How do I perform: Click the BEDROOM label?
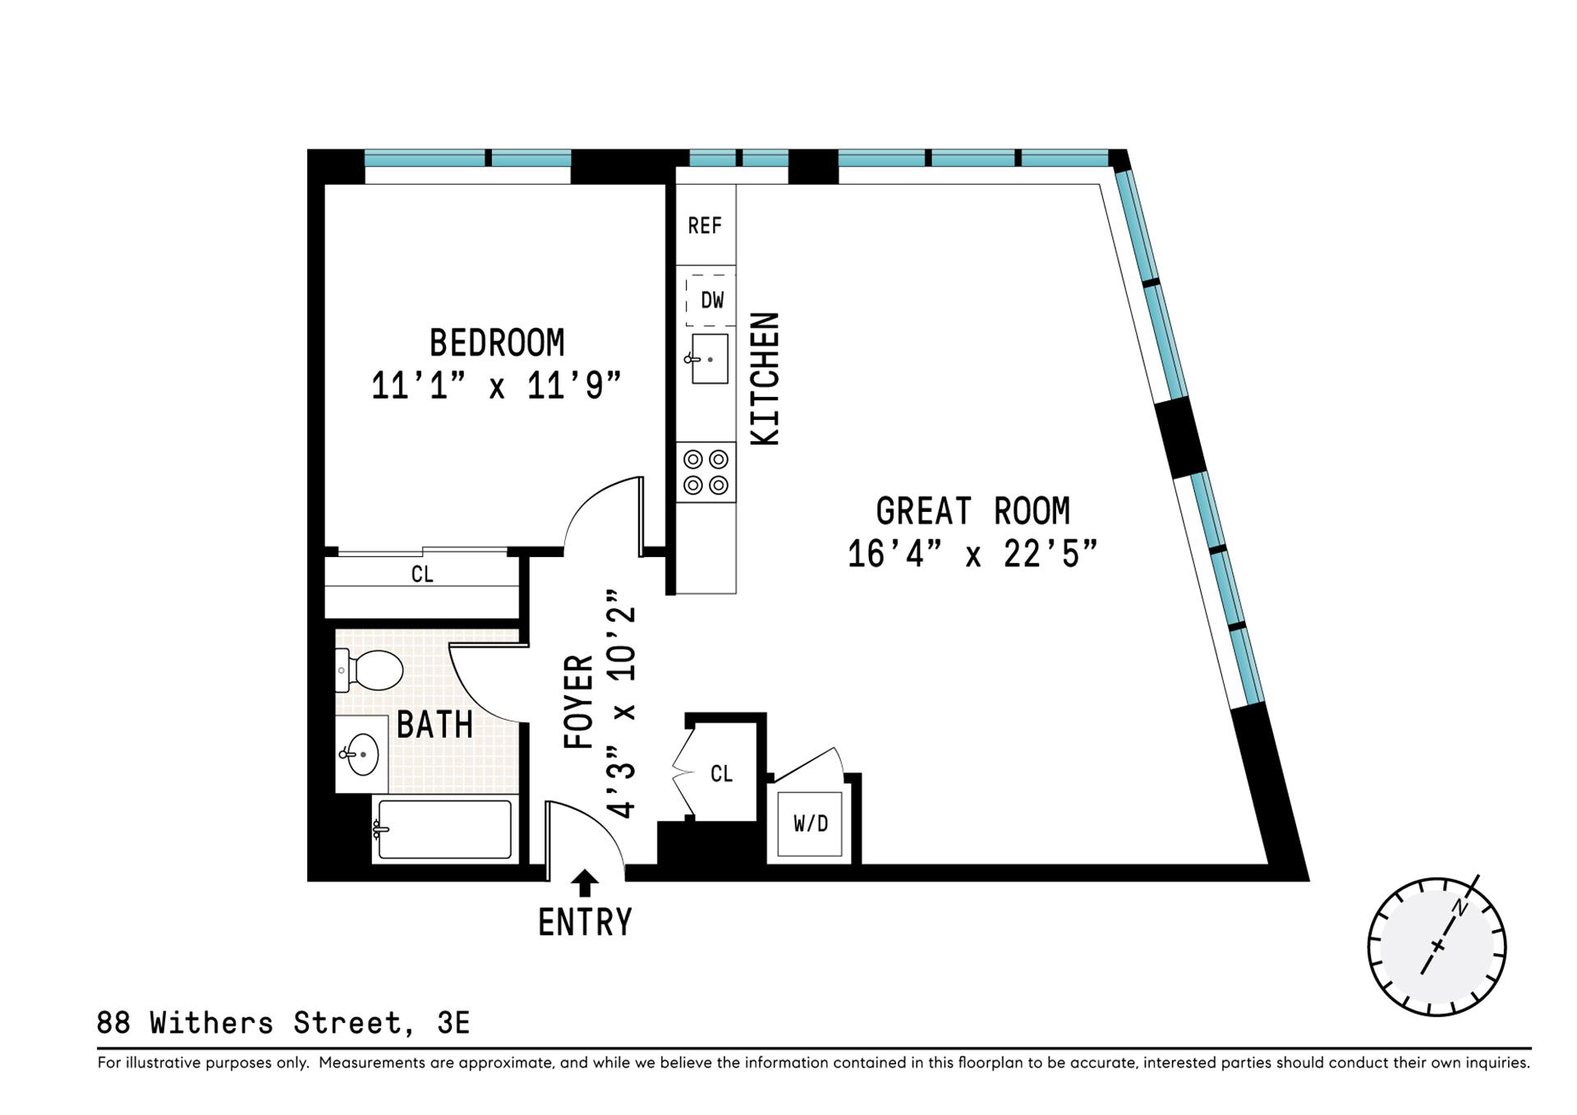tap(497, 343)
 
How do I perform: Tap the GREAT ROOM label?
tap(972, 511)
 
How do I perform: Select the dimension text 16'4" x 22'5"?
tap(972, 554)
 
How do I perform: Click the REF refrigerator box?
tap(705, 225)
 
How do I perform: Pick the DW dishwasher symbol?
tap(711, 300)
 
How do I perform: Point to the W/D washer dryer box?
tap(810, 823)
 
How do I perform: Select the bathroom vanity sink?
tap(361, 753)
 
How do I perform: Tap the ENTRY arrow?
tap(585, 883)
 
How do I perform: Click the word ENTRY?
tap(585, 922)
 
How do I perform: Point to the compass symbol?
tap(1437, 947)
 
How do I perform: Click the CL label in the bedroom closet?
tap(422, 574)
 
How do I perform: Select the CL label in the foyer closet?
tap(721, 773)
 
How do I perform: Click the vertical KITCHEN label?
tap(766, 380)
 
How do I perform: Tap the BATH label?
tap(434, 725)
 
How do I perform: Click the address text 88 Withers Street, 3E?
tap(283, 1023)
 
